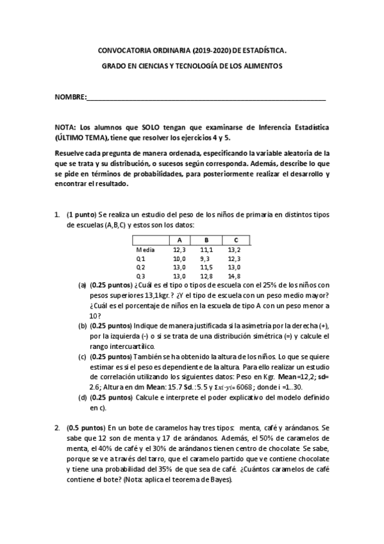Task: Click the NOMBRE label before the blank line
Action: point(70,97)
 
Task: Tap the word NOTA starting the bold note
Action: point(66,128)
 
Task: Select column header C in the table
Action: point(235,240)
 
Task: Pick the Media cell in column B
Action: point(206,249)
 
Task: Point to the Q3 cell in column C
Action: point(235,276)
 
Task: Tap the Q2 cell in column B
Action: point(206,267)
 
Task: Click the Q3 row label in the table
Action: point(140,276)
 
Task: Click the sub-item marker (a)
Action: point(83,285)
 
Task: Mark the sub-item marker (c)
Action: point(83,356)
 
